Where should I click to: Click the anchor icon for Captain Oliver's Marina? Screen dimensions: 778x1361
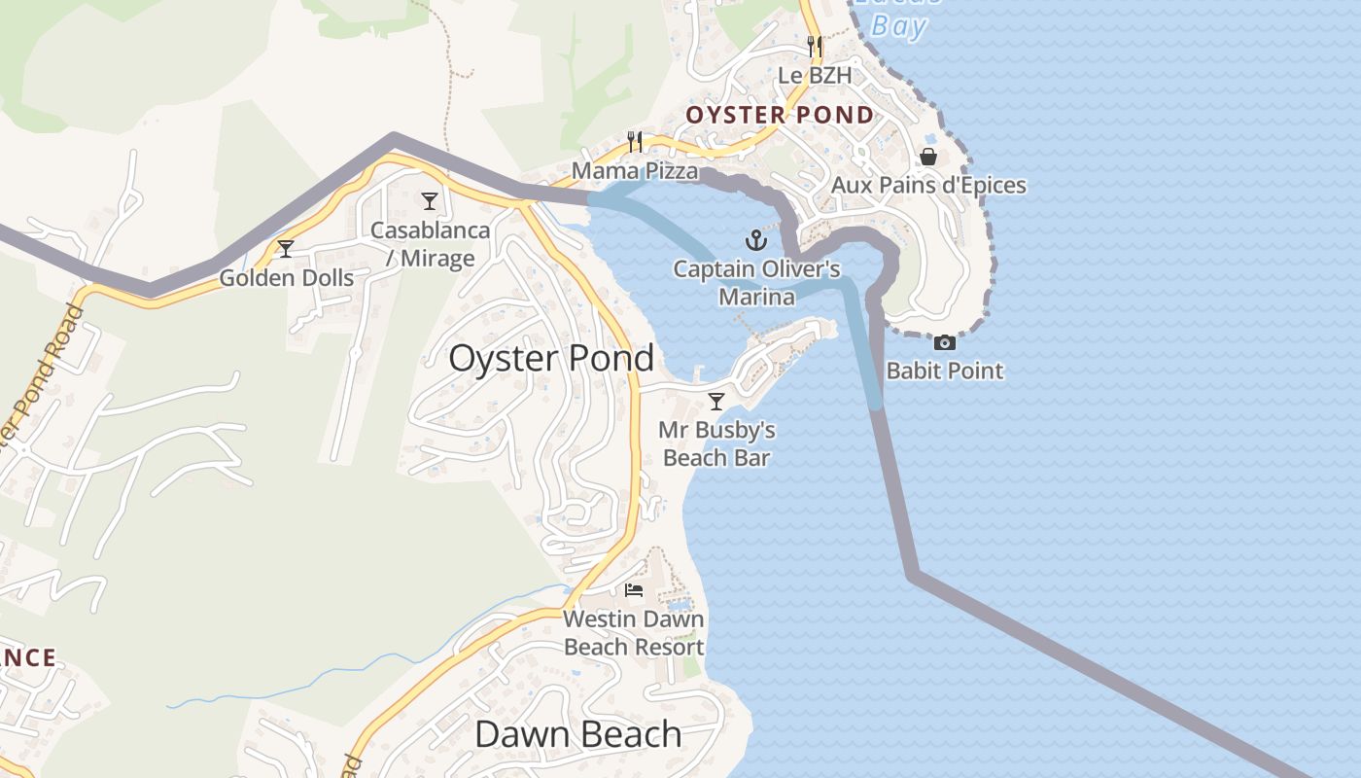(756, 239)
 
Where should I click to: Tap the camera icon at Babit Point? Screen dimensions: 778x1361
(944, 342)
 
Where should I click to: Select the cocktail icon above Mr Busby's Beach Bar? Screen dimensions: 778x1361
(716, 401)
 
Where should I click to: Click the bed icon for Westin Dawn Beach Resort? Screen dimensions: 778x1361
(634, 589)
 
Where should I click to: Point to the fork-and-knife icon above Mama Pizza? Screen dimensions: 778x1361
(635, 142)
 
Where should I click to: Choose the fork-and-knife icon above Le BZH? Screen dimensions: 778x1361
(815, 46)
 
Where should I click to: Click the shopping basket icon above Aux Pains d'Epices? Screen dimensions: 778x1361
(928, 157)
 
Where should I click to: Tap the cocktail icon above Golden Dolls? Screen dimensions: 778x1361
(286, 249)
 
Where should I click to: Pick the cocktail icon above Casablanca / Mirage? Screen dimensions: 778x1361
(430, 201)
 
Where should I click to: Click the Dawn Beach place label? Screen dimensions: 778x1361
(577, 734)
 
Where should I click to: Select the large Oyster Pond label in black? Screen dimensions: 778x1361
(551, 359)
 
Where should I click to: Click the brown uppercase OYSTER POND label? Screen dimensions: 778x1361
(780, 116)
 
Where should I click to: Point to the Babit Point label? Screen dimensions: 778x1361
(945, 371)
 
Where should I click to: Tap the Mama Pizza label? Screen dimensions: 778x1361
(635, 171)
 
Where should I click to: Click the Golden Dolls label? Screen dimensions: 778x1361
(286, 278)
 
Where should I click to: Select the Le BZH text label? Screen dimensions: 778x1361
(815, 75)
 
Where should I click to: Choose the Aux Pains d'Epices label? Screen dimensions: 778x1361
(928, 185)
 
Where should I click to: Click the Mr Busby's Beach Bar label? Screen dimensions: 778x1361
(716, 443)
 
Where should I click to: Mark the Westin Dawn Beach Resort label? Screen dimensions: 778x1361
(634, 633)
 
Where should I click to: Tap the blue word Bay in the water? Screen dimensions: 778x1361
(898, 25)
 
